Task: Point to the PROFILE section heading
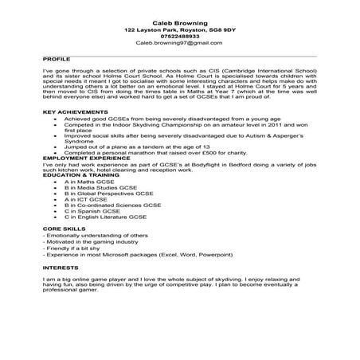click(x=53, y=59)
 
